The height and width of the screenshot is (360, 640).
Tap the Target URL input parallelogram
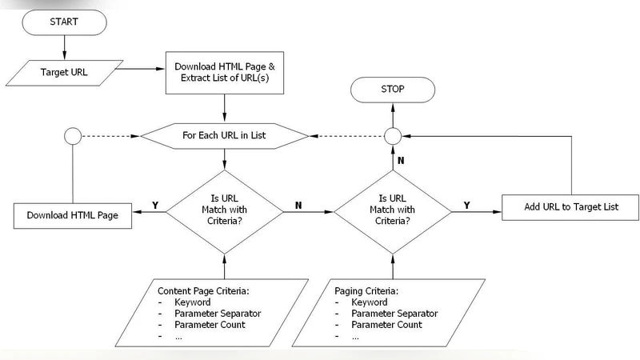pos(65,72)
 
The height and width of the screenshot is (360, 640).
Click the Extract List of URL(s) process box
pos(224,72)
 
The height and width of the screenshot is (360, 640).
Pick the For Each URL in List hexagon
pos(224,135)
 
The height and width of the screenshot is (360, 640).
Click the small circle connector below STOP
pos(392,135)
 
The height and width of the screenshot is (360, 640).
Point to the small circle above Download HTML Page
pos(72,135)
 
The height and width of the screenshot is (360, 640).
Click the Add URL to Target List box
pos(570,207)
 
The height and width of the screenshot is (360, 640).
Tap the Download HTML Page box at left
pos(72,215)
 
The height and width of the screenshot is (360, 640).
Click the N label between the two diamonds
pos(298,205)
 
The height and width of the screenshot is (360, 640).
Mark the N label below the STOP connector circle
pos(401,160)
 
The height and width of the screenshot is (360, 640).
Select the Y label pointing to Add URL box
pos(467,205)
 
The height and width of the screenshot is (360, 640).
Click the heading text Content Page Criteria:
pos(204,290)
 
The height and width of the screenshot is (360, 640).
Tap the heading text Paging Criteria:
pos(366,290)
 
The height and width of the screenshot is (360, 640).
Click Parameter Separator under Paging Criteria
pos(394,314)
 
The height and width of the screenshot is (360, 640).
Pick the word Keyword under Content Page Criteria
pos(192,302)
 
